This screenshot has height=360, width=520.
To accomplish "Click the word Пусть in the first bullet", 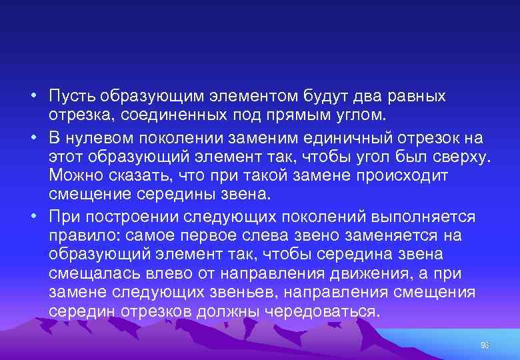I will coord(71,96).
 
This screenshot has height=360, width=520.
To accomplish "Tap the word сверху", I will coord(460,157).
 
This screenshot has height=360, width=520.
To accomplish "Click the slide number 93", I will coord(485,345).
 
